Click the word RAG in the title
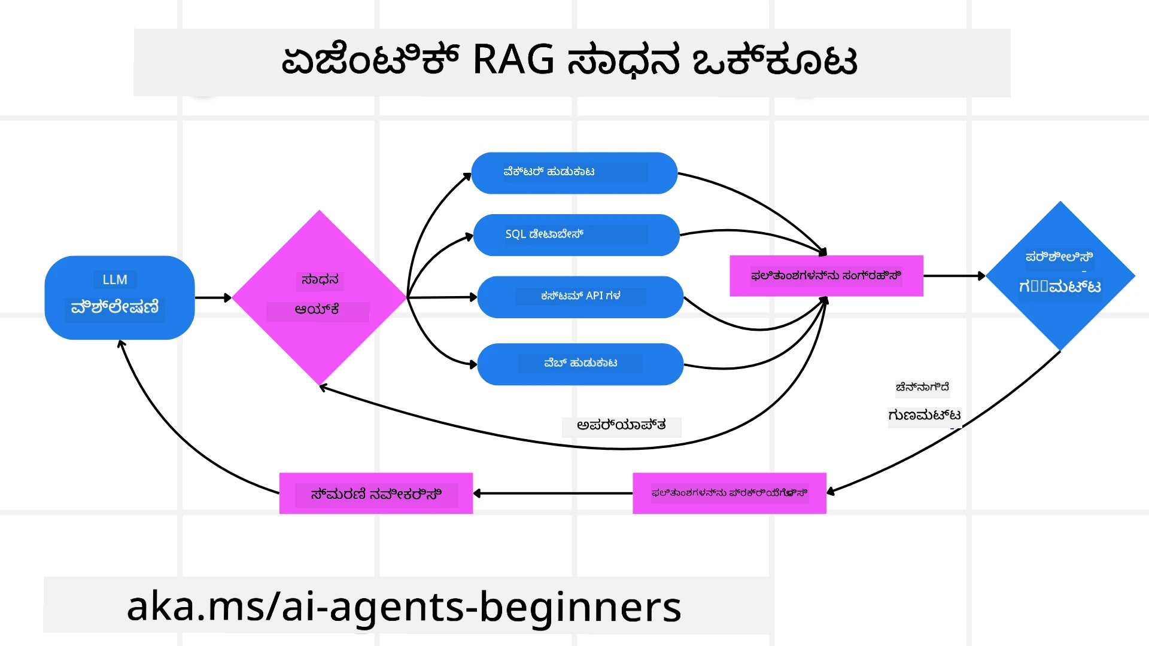[x=513, y=60]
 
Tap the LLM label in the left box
[x=115, y=279]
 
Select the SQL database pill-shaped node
[x=576, y=234]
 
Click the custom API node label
[x=580, y=296]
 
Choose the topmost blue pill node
[x=574, y=173]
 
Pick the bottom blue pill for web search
[x=580, y=364]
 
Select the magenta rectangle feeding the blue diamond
[x=826, y=276]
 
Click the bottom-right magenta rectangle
[x=729, y=493]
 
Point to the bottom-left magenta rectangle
[x=376, y=493]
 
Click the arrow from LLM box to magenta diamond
[x=212, y=297]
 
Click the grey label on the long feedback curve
[x=621, y=425]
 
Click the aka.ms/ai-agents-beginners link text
[x=404, y=606]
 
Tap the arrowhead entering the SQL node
[x=469, y=237]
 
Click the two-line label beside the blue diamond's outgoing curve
[x=923, y=401]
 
